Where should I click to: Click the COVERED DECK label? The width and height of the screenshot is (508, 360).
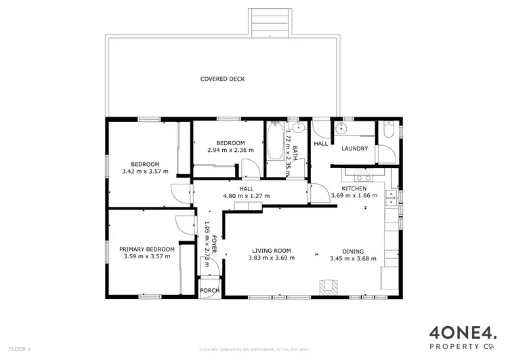[x=222, y=79]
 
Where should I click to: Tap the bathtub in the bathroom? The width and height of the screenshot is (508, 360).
[x=275, y=142]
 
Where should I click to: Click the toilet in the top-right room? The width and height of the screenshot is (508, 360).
[x=387, y=130]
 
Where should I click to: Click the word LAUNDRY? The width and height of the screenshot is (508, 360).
[x=354, y=148]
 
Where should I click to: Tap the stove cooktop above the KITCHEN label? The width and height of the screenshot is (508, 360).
[x=352, y=170]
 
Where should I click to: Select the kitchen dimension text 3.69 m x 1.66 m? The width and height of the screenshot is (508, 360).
[x=354, y=196]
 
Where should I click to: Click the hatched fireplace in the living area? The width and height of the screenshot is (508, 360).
[x=329, y=287]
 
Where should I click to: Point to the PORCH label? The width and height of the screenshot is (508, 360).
[x=209, y=290]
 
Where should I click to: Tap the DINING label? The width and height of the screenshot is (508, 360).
[x=352, y=249]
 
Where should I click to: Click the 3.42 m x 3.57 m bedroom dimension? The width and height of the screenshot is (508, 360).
[x=145, y=172]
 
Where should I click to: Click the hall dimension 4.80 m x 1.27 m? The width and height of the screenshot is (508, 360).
[x=247, y=197]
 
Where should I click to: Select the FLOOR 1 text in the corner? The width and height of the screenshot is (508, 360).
[x=21, y=349]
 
